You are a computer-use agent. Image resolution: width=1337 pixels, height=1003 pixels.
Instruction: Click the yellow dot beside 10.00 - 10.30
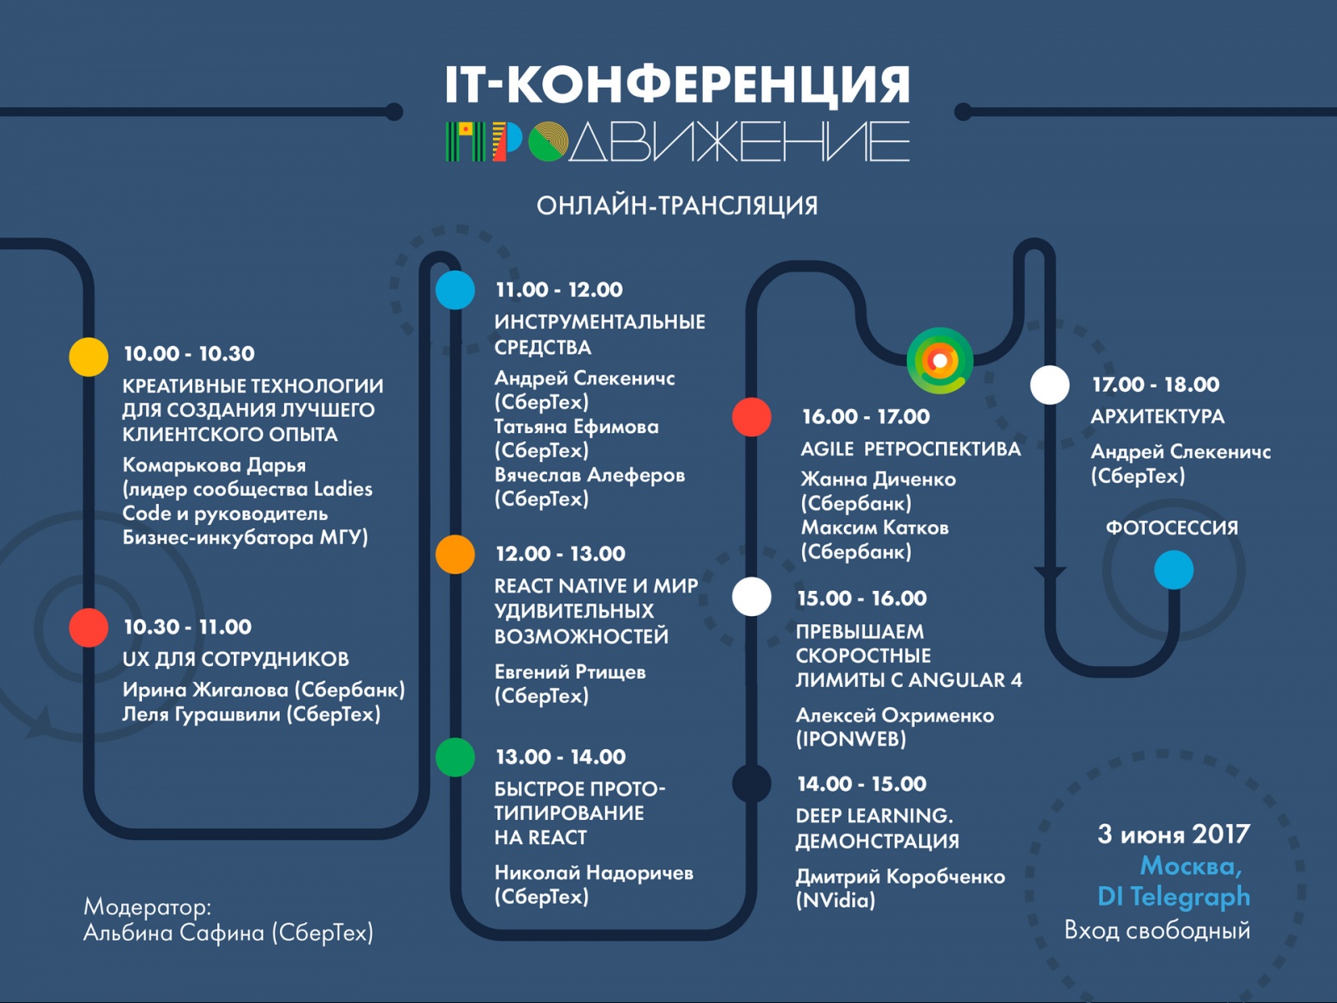tap(89, 357)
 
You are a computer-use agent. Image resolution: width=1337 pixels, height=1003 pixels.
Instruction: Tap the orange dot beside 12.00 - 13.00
tap(455, 554)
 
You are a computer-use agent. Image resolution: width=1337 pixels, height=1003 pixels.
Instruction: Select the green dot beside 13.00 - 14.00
tap(455, 757)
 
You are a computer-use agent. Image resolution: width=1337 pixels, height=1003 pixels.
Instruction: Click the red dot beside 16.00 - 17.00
tap(751, 417)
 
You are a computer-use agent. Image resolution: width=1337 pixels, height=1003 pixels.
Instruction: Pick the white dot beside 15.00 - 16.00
tap(751, 597)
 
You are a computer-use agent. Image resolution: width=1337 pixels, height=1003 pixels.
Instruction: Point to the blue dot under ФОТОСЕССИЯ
tap(1173, 570)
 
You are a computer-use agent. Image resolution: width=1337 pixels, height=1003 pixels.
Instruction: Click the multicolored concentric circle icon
tap(940, 360)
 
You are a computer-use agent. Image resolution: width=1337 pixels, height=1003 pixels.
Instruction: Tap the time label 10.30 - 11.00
tap(187, 627)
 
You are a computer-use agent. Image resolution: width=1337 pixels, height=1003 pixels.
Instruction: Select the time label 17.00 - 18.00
tap(1156, 384)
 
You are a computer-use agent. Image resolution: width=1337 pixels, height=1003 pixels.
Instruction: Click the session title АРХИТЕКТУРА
tap(1157, 416)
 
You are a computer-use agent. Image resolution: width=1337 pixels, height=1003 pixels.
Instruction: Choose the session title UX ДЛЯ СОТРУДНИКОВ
tap(236, 659)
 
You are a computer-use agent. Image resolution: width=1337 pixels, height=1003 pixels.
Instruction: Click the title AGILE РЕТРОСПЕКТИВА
tap(910, 449)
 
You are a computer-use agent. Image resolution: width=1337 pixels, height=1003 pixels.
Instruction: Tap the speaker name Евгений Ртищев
tap(570, 671)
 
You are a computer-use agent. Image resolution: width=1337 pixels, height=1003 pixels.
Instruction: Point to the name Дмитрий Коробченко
tap(900, 876)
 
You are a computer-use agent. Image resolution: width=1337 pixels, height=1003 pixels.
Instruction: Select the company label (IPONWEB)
tap(851, 739)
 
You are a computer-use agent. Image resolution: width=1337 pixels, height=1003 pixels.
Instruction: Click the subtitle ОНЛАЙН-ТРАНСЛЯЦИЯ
tap(677, 206)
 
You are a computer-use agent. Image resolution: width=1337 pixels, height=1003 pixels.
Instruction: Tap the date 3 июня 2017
tap(1173, 834)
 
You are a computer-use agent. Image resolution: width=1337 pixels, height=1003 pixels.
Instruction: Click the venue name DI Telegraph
tap(1173, 896)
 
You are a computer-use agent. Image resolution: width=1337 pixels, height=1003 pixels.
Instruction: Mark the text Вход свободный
tap(1157, 929)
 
